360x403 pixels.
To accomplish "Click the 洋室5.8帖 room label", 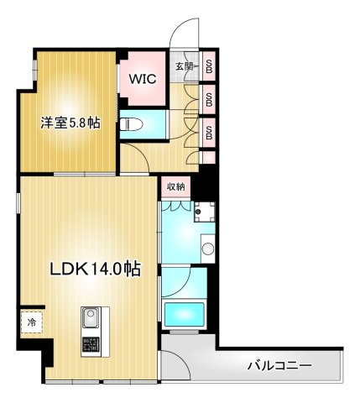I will point(71,123).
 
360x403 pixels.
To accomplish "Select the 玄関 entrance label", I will point(185,66).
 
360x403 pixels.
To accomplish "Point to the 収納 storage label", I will point(175,186).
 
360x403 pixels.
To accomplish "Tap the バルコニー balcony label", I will point(279,366).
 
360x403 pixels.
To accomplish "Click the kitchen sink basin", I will point(90,319).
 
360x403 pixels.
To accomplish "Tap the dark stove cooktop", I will point(90,345).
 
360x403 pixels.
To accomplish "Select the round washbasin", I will point(206,249).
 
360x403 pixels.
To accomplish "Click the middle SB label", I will point(208,99).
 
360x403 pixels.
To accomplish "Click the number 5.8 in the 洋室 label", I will point(81,123).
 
